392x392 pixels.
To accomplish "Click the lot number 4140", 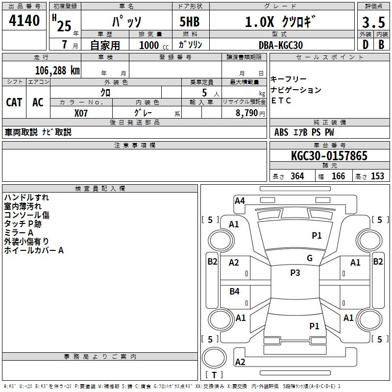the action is click(x=24, y=20).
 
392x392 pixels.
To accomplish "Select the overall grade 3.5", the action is click(x=373, y=22).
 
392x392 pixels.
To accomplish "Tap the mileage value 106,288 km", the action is click(x=57, y=71).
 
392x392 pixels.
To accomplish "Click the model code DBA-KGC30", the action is click(x=281, y=45).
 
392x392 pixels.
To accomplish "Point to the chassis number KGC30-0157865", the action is click(x=329, y=156).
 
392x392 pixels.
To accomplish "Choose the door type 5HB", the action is click(x=190, y=22).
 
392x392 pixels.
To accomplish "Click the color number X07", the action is click(x=81, y=113).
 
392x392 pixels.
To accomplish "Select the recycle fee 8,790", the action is click(x=247, y=113).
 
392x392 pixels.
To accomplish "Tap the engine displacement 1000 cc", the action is click(x=154, y=45).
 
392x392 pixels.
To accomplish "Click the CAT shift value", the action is click(x=14, y=102).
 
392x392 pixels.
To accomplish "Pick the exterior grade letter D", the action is click(x=366, y=45).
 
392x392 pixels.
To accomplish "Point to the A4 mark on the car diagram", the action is click(x=240, y=201).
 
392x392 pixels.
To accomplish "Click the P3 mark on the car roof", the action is click(x=295, y=272).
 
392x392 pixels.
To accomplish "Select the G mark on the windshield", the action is click(x=310, y=258).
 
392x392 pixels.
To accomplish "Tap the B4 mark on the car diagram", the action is click(x=234, y=291).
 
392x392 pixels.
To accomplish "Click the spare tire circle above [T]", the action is click(x=214, y=357).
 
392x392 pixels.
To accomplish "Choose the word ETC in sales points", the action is click(x=281, y=100).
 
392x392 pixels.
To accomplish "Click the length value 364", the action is click(x=297, y=176).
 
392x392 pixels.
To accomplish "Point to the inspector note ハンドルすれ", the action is click(x=26, y=197).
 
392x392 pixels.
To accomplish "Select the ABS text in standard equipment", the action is click(x=281, y=132).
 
